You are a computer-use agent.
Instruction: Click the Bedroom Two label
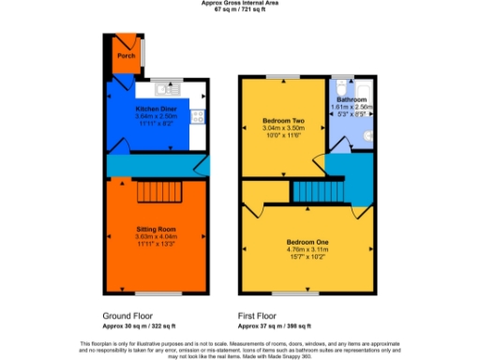coord(280,121)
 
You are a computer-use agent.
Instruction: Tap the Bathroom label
coord(352,99)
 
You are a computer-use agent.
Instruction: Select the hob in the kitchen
coord(198,117)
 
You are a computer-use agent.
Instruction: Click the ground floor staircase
coord(157,192)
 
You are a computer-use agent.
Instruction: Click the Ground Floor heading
coord(124,317)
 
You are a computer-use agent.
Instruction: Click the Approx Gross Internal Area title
coord(240,3)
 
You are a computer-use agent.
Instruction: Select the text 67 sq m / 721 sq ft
coord(240,9)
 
